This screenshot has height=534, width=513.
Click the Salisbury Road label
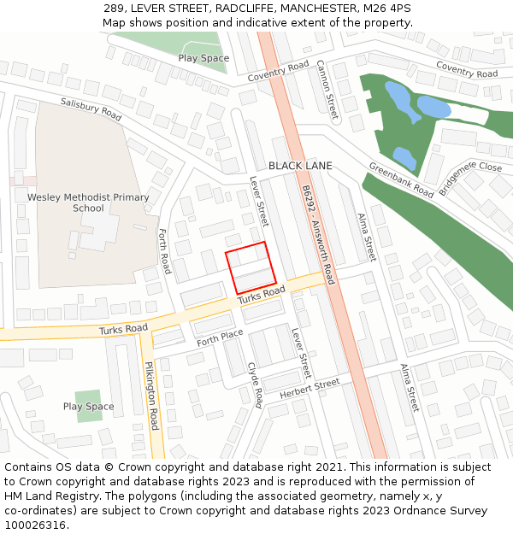[x=91, y=108]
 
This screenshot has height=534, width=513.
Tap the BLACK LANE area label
[x=300, y=166]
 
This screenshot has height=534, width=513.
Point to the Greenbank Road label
[x=401, y=179]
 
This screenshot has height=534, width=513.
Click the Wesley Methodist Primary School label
[x=88, y=202]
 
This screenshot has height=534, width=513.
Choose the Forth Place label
[x=220, y=337]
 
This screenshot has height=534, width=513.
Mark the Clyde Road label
[x=255, y=384]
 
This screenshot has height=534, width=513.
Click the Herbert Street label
[x=309, y=390]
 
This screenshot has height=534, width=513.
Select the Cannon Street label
[x=327, y=89]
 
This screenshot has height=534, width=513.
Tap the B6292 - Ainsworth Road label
[x=318, y=235]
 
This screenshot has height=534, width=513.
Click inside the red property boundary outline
[x=251, y=267]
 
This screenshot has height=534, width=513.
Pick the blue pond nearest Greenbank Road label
[x=404, y=157]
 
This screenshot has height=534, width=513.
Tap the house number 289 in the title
[x=115, y=8]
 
